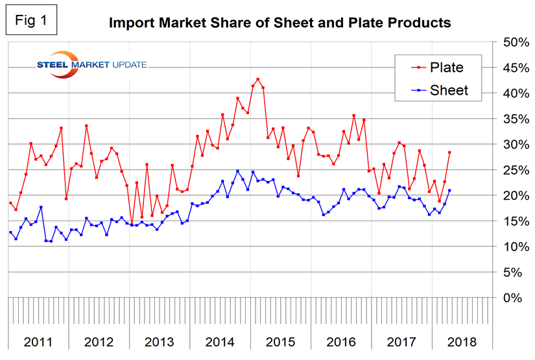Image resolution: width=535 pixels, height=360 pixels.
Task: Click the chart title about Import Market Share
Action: click(x=279, y=24)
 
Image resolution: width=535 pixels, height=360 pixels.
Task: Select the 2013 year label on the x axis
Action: click(x=159, y=341)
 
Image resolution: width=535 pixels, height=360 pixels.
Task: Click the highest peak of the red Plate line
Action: click(x=257, y=79)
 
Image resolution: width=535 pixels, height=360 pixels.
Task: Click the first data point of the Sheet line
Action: click(x=10, y=232)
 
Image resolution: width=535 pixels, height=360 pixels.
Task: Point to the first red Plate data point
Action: click(x=10, y=203)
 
